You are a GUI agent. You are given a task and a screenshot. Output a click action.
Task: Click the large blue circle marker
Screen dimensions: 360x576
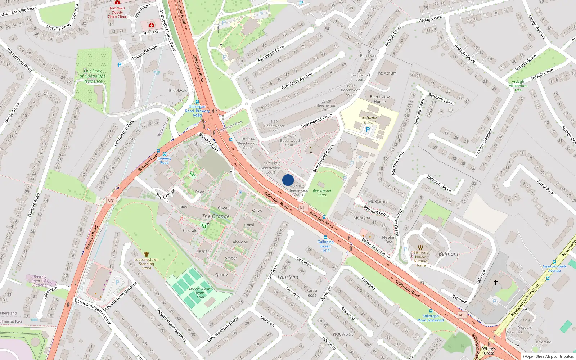click(288, 180)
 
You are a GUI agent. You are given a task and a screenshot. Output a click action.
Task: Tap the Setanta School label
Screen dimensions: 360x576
click(369, 120)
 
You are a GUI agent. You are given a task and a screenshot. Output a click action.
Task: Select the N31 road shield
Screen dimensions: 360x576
click(111, 201)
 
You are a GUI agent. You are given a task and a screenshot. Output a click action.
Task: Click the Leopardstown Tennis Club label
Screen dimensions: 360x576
click(201, 293)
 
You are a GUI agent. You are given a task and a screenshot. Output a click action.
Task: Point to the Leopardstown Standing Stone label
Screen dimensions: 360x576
click(146, 264)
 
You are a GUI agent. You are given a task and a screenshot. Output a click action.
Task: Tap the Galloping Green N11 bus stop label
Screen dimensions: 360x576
click(325, 246)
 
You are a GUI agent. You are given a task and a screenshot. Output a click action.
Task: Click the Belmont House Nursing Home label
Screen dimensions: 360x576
click(420, 259)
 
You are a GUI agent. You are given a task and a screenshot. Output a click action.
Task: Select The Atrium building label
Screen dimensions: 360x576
click(386, 73)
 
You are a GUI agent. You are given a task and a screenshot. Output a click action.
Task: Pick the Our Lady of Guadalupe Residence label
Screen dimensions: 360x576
click(93, 76)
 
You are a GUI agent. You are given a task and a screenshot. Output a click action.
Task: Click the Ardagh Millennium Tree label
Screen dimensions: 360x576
click(518, 86)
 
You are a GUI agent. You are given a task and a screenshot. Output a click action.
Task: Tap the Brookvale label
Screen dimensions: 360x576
click(178, 91)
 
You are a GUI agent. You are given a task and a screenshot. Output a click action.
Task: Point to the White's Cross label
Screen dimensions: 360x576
click(489, 351)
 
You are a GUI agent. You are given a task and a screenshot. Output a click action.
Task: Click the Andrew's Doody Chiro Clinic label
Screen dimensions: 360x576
click(117, 12)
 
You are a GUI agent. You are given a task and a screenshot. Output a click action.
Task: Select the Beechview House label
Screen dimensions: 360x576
click(380, 99)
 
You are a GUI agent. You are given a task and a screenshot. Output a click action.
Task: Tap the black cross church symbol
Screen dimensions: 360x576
click(496, 282)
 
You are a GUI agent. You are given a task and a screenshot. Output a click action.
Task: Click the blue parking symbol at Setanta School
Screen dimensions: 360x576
click(368, 130)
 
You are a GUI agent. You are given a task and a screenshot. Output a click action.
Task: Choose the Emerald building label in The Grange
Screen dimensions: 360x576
click(190, 231)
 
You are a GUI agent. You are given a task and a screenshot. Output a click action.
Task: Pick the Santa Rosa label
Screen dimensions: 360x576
click(312, 293)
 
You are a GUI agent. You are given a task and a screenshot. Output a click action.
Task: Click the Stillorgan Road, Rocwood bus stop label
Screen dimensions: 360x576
click(431, 318)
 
